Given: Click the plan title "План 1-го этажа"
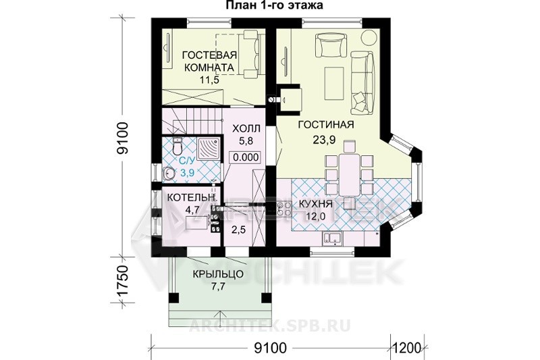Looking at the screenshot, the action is tap(274, 5).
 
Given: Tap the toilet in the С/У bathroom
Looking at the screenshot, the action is tap(178, 146).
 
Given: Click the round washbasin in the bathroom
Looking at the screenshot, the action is tap(169, 174).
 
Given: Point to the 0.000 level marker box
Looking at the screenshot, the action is tap(246, 157).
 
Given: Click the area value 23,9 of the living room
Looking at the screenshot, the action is tap(325, 140).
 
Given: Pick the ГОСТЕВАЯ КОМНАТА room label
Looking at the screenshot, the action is tap(209, 61).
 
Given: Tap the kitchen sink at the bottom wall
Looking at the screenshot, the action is tap(332, 238).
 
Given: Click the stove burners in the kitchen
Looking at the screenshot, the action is tap(284, 209).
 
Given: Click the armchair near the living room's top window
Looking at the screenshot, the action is tap(331, 45).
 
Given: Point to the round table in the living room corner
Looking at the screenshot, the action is tap(370, 37).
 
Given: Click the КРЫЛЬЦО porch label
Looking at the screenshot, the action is tap(218, 274).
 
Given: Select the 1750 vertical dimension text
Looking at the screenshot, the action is tap(123, 280).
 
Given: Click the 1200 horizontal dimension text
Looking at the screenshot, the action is tap(408, 348).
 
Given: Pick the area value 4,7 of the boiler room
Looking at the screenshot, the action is tap(193, 210).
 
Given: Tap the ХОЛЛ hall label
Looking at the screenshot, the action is tap(246, 129).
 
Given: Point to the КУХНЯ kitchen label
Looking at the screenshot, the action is tap(315, 204).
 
